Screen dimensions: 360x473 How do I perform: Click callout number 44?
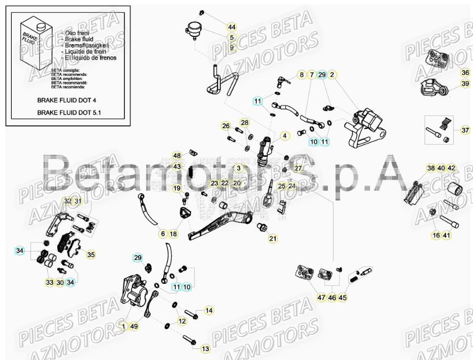tap(231, 27)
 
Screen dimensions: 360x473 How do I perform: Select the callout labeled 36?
tap(465, 73)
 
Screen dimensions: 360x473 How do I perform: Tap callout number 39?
tap(465, 84)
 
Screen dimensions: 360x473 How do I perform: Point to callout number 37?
tap(465, 130)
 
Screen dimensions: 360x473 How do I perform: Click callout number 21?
tap(273, 239)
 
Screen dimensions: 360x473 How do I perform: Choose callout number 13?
tap(205, 349)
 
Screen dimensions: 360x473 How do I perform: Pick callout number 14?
tap(208, 310)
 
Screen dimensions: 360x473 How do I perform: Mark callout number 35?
tap(90, 254)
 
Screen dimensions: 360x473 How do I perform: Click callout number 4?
tap(284, 135)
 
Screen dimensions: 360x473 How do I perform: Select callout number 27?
tap(298, 168)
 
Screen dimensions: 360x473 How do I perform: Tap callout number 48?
tap(177, 156)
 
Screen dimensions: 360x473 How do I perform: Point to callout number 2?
tap(332, 74)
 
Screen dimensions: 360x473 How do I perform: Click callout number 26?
tap(226, 126)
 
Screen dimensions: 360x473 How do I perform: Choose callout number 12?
tap(182, 321)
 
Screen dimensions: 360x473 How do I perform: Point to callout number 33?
tap(49, 283)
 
